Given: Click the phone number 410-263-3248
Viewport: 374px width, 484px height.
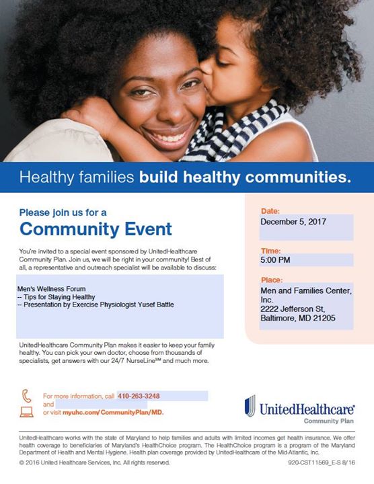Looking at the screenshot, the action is tap(139, 396).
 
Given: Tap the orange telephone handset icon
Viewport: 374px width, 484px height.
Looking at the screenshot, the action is tap(26, 396).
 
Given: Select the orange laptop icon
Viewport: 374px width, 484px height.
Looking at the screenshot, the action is tap(26, 412).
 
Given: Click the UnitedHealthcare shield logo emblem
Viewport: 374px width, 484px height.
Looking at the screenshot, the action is tap(250, 406).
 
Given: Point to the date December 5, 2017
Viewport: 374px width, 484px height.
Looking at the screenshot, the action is tap(293, 222).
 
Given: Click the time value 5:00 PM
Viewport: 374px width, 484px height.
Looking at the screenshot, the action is tap(275, 260).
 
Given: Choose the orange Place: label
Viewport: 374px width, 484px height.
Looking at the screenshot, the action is tap(272, 280).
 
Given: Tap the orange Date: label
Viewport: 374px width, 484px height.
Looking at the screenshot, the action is tap(270, 211).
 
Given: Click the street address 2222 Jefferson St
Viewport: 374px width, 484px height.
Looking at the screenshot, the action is tap(293, 309).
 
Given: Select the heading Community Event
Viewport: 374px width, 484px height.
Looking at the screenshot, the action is tap(96, 229).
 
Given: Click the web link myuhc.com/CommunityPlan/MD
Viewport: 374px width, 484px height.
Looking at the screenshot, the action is tap(113, 412).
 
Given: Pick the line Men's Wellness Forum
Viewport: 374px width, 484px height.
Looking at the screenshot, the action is tap(52, 289).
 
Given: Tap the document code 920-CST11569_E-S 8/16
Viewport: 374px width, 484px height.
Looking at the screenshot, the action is tap(322, 462).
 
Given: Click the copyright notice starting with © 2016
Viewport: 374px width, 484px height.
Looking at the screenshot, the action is tap(94, 462).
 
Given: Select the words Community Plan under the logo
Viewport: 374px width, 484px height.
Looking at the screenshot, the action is tap(329, 421).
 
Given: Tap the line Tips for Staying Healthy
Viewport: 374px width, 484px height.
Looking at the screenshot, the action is tap(57, 297).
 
